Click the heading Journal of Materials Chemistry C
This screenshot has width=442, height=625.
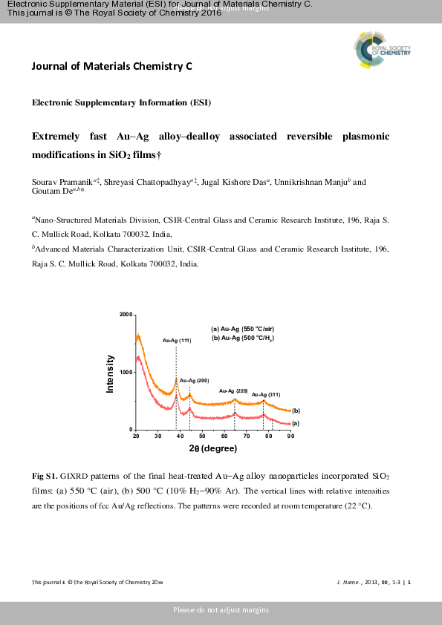[x=111, y=66]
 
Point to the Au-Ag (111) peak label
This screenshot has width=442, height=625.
[x=177, y=341]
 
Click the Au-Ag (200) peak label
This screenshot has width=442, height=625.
[x=194, y=380]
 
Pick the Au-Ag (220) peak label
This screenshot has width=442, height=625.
[x=233, y=390]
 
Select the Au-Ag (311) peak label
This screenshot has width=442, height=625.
[x=266, y=395]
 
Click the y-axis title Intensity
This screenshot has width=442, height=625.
[x=111, y=374]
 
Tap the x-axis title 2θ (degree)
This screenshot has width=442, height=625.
[x=212, y=449]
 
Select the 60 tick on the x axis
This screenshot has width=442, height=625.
[x=224, y=437]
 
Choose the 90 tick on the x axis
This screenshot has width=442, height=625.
[x=290, y=437]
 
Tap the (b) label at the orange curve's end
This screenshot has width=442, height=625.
[x=296, y=410]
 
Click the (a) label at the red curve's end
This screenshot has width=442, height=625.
[x=296, y=423]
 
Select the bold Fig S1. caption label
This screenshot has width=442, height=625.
[x=45, y=475]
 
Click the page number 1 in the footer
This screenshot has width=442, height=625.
[x=409, y=582]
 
